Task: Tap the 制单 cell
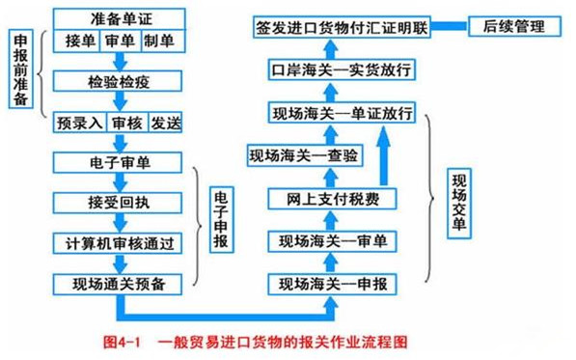[x=159, y=42]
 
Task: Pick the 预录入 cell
[x=80, y=123]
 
